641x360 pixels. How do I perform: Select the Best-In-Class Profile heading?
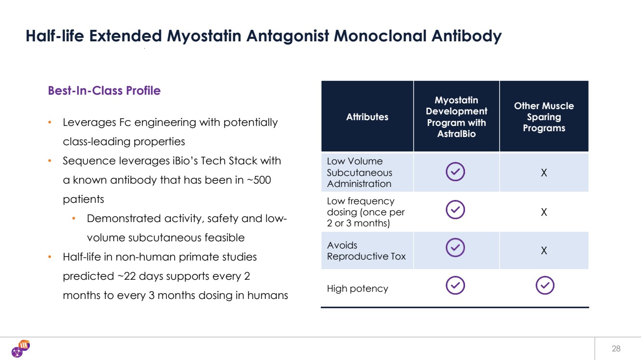pyautogui.click(x=104, y=90)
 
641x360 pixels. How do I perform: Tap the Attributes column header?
pyautogui.click(x=367, y=117)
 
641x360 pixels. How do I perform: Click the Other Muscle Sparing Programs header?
pyautogui.click(x=543, y=117)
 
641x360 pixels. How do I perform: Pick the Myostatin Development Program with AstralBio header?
pyautogui.click(x=456, y=117)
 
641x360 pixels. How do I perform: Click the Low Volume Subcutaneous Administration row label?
pyautogui.click(x=359, y=173)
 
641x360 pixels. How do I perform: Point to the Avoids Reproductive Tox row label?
pyautogui.click(x=366, y=251)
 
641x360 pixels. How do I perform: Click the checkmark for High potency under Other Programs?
pyautogui.click(x=544, y=286)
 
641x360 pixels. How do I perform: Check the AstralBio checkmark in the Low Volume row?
pyautogui.click(x=455, y=172)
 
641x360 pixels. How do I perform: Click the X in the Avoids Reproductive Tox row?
pyautogui.click(x=544, y=251)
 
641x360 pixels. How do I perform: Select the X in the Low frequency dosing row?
pyautogui.click(x=544, y=212)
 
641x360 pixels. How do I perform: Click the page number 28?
pyautogui.click(x=616, y=349)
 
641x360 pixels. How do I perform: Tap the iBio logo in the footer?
pyautogui.click(x=21, y=348)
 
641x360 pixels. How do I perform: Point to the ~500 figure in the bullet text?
pyautogui.click(x=259, y=180)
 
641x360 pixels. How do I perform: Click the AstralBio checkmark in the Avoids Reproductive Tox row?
pyautogui.click(x=455, y=248)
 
